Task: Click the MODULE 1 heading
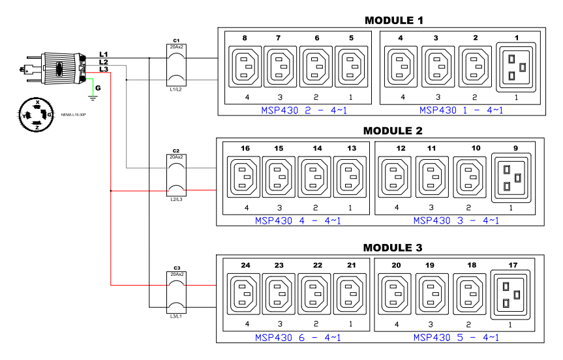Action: [394, 20]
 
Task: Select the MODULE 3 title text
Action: [393, 248]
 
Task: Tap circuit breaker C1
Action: [176, 65]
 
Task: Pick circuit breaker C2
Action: [176, 175]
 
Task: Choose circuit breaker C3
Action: [176, 293]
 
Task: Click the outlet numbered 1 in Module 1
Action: [516, 67]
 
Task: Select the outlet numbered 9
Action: [511, 177]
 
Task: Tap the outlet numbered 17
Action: [510, 295]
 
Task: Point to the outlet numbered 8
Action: [245, 67]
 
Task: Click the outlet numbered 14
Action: [314, 177]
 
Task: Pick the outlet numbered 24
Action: [243, 294]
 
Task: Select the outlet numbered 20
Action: [395, 294]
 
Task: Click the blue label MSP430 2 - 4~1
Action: [304, 110]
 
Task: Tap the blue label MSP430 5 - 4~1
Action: [456, 337]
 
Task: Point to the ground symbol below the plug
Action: [93, 97]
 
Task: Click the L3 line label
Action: [104, 69]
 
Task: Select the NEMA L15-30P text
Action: [73, 115]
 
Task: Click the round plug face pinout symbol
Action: [37, 115]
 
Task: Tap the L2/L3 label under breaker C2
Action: [176, 199]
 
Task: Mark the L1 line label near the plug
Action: [104, 54]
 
